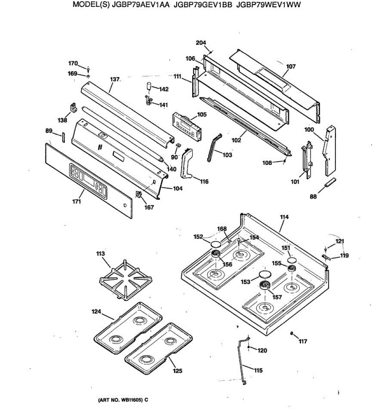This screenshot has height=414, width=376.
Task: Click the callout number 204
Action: [x=201, y=43]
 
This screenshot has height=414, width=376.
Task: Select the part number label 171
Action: [x=76, y=201]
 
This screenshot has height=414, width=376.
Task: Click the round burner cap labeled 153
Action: [x=265, y=274]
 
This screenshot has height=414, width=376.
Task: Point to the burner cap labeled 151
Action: [x=291, y=259]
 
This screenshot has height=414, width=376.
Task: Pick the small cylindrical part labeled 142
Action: [x=150, y=86]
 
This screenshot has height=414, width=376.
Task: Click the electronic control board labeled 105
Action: [x=187, y=127]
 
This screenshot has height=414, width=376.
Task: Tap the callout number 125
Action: [x=177, y=371]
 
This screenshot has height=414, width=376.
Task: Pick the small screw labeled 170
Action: [x=88, y=69]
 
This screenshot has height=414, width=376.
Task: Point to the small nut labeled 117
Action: [x=292, y=333]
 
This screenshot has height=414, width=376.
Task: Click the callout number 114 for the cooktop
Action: [x=284, y=217]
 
